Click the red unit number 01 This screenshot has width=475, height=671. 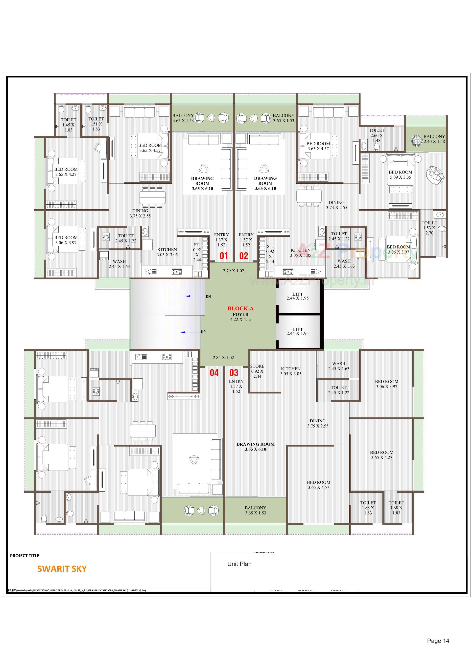click(x=223, y=256)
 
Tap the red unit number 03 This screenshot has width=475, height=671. click(x=234, y=373)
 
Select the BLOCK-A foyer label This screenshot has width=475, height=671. click(x=240, y=309)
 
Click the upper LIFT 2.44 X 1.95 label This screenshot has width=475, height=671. click(x=297, y=296)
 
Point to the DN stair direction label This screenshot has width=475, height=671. click(x=208, y=297)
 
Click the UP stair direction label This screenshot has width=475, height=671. click(x=203, y=332)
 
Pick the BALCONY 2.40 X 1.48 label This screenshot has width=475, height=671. click(x=434, y=139)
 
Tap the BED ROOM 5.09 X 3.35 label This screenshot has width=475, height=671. click(x=400, y=174)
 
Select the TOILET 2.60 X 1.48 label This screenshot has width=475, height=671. click(x=377, y=135)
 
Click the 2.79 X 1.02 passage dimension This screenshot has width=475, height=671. click(x=233, y=271)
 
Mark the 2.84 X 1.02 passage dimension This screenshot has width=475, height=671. click(x=223, y=358)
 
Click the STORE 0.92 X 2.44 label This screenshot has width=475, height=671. click(x=257, y=371)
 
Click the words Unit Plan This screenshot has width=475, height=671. click(x=239, y=564)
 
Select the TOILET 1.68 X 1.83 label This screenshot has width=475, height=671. click(x=396, y=508)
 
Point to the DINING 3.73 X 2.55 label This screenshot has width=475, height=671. click(x=336, y=205)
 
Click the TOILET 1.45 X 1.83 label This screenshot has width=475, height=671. click(x=69, y=125)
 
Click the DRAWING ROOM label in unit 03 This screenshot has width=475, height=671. click(x=255, y=447)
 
